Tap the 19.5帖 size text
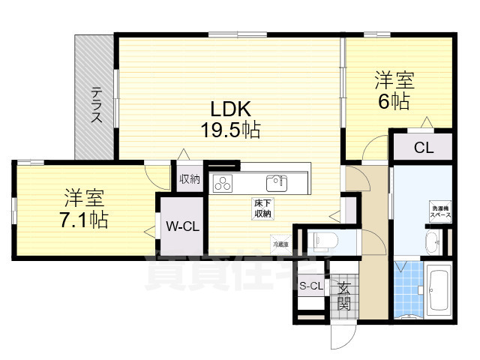pyautogui.click(x=229, y=130)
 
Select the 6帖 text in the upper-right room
pyautogui.click(x=394, y=102)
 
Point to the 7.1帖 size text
pyautogui.click(x=83, y=220)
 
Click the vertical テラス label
pyautogui.click(x=97, y=105)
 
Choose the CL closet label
pyautogui.click(x=423, y=148)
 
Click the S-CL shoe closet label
pyautogui.click(x=311, y=286)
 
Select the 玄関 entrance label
pyautogui.click(x=343, y=295)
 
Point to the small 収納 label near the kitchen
pyautogui.click(x=190, y=178)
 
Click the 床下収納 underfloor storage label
pyautogui.click(x=261, y=208)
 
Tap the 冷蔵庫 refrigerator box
pyautogui.click(x=279, y=242)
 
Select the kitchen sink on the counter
pyautogui.click(x=275, y=182)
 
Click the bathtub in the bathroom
pyautogui.click(x=438, y=288)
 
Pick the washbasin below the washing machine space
pyautogui.click(x=433, y=241)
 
